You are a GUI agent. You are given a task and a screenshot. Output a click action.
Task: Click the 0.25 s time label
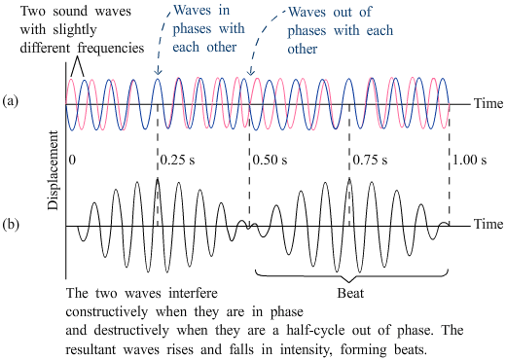click(177, 160)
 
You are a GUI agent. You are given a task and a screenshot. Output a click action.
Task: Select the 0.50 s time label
click(270, 160)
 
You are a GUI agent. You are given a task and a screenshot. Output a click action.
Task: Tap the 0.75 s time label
click(370, 160)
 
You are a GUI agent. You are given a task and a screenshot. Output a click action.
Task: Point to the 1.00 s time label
click(469, 160)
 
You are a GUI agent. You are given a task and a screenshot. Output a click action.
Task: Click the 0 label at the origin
click(72, 160)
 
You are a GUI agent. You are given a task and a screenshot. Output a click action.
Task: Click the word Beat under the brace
click(350, 293)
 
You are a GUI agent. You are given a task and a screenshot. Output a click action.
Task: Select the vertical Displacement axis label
click(54, 170)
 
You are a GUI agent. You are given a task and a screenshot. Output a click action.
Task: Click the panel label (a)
click(11, 101)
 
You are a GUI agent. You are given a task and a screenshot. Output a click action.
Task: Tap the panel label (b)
click(11, 225)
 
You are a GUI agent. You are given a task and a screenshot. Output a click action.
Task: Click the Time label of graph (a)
click(488, 103)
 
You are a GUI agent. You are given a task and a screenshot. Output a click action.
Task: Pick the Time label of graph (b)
click(488, 224)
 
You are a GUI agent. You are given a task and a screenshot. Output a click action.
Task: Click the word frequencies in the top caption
click(111, 49)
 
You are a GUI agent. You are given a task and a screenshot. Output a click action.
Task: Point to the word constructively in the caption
click(107, 312)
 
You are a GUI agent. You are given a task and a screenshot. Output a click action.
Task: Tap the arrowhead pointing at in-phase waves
click(158, 71)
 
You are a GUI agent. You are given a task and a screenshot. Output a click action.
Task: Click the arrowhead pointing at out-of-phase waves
click(250, 72)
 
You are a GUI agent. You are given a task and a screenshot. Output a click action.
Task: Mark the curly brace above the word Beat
click(351, 275)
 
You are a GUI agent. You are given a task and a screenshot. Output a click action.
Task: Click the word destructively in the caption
click(131, 331)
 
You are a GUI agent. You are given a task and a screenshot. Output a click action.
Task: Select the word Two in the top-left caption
click(33, 12)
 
